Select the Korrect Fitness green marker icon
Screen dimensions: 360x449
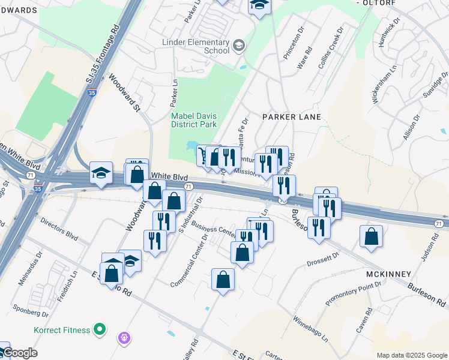click(x=100, y=330)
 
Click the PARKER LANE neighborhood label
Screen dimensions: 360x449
click(x=291, y=116)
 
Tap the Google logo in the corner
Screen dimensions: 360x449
click(x=19, y=353)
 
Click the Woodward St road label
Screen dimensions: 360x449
click(x=124, y=93)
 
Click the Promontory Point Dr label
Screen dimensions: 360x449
click(x=349, y=292)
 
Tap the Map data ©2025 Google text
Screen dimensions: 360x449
click(x=412, y=355)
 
